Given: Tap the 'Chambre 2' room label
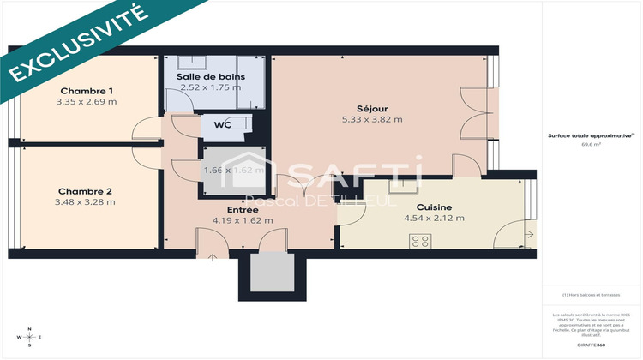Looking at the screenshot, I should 85,191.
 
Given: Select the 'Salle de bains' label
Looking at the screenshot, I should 212,77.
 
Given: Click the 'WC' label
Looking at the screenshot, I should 222,125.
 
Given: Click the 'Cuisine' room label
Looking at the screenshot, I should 434,207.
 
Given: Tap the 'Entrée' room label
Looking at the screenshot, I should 244,209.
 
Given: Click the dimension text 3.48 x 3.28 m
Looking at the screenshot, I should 85,202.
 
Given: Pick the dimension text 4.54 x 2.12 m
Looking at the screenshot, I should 434,219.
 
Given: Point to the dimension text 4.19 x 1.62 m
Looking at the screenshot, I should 244,220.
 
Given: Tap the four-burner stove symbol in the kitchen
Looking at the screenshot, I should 420,241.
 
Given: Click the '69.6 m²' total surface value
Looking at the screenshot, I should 591,145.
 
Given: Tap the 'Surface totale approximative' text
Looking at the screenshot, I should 590,135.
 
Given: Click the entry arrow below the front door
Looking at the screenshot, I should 212,257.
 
